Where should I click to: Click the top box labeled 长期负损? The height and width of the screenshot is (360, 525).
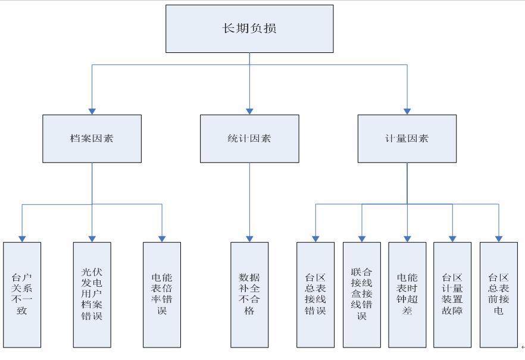[249, 29]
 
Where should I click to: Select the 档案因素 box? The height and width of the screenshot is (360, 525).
[92, 139]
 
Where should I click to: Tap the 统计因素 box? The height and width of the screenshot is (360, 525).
[249, 139]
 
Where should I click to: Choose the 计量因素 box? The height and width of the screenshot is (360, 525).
[407, 139]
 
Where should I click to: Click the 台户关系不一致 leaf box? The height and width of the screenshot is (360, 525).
[22, 295]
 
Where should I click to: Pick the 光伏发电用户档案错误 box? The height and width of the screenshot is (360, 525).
[92, 295]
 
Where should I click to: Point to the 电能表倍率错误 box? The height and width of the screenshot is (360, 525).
[162, 295]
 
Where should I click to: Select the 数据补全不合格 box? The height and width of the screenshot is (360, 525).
[249, 295]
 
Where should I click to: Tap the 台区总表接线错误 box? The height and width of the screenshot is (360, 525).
[315, 295]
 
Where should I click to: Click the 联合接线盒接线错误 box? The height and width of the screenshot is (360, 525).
[361, 295]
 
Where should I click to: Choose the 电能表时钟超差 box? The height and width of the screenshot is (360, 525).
[407, 295]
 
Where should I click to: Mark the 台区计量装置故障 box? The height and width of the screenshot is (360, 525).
[452, 295]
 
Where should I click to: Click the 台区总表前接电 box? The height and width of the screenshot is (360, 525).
[499, 295]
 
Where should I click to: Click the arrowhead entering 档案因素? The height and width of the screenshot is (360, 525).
[92, 111]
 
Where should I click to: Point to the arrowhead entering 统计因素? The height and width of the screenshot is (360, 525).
[249, 111]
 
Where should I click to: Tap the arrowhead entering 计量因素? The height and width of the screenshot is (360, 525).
[407, 111]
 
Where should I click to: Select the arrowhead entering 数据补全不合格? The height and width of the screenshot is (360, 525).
[249, 238]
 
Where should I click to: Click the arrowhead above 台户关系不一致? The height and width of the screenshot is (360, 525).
[22, 238]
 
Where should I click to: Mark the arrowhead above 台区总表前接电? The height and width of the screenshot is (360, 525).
[499, 238]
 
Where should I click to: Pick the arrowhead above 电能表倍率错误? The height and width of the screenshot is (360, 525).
[162, 238]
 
